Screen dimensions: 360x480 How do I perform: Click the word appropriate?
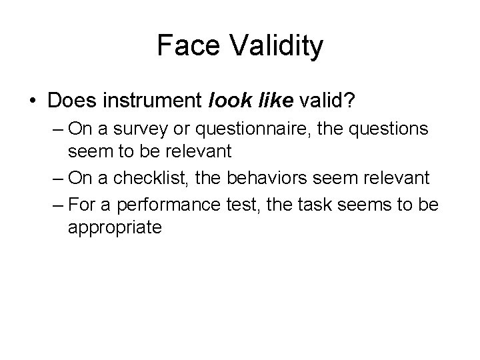[114, 228]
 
